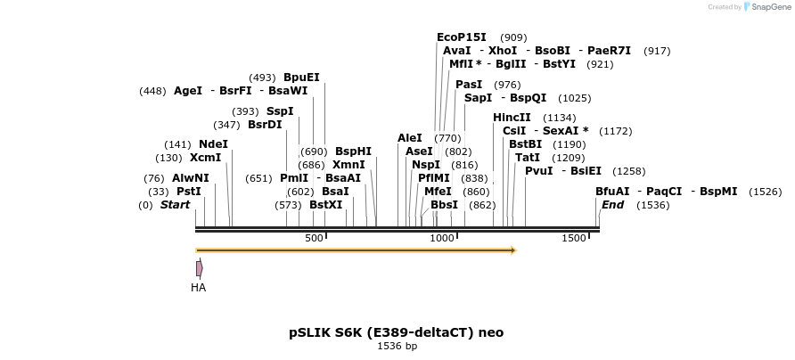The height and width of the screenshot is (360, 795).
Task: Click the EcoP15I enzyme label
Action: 462,37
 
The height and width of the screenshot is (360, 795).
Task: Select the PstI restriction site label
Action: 188,191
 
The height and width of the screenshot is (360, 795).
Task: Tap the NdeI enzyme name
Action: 213,144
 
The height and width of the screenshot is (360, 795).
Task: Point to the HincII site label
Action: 512,118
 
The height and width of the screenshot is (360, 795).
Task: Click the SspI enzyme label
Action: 280,111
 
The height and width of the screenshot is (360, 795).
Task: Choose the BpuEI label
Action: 301,78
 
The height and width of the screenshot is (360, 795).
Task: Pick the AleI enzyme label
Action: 410,138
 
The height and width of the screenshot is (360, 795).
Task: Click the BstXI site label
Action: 326,205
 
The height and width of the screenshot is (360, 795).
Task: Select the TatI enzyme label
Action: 528,158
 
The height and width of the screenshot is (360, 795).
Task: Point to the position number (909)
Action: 513,37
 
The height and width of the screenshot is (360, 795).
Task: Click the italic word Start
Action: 175,205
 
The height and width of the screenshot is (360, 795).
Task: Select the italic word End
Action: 612,205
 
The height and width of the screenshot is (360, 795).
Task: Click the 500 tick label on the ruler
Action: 314,238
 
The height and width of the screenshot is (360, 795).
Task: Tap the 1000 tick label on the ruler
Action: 442,238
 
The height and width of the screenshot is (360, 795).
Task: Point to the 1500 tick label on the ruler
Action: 574,238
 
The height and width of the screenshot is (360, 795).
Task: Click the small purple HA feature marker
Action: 200,267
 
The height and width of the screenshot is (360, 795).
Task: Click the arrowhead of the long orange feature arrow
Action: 513,250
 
